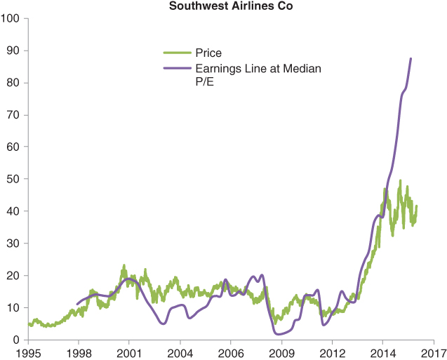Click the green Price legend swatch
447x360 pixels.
178,53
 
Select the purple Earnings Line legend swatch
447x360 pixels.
178,69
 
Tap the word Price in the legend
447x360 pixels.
208,53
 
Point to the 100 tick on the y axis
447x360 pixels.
11,18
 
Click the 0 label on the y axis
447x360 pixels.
16,340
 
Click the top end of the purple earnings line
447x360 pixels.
411,58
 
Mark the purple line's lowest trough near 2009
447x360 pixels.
280,334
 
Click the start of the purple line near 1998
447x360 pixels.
77,305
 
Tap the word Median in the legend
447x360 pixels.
302,69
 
